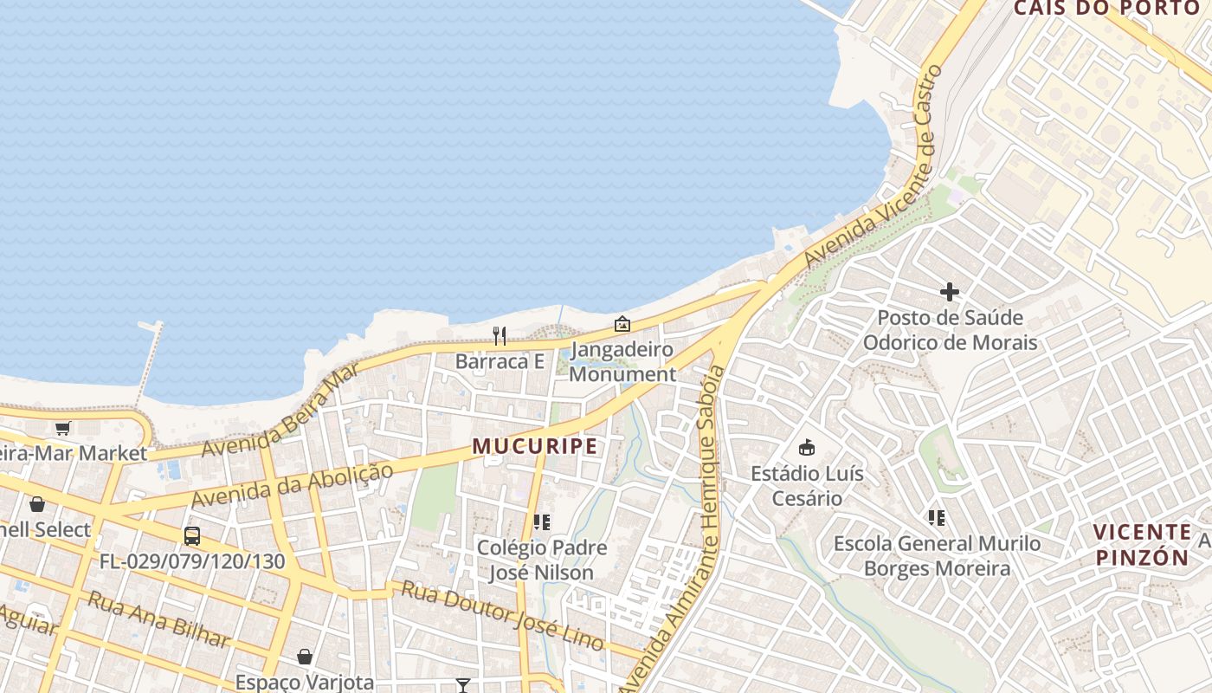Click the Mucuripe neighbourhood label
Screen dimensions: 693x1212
(x=534, y=447)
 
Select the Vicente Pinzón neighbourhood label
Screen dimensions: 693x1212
(x=1142, y=544)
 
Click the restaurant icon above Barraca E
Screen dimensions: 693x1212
(x=500, y=336)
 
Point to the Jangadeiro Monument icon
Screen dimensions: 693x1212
(x=622, y=325)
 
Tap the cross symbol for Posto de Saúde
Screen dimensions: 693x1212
(x=950, y=292)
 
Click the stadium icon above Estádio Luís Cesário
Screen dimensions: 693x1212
(x=807, y=448)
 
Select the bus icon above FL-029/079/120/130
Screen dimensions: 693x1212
(x=192, y=536)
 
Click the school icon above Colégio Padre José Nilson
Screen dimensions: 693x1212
(x=542, y=522)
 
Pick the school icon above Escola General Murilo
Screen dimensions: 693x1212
(x=936, y=518)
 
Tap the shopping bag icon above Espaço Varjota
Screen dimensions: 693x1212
(x=305, y=657)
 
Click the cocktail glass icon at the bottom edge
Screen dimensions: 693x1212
(x=463, y=685)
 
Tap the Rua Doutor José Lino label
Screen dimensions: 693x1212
(x=502, y=615)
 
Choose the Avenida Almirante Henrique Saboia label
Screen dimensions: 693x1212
(x=684, y=528)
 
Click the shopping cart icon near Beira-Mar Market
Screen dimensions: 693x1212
(x=62, y=429)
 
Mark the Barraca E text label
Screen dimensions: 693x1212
(x=500, y=361)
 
